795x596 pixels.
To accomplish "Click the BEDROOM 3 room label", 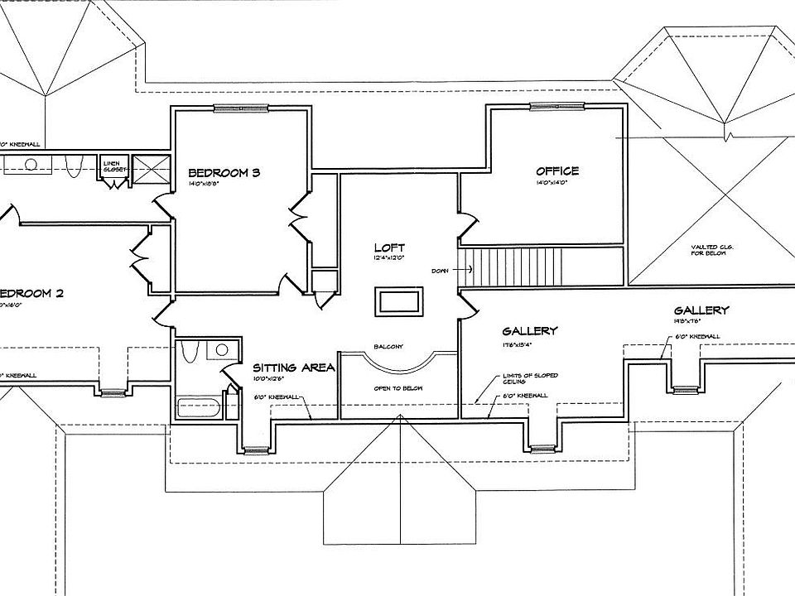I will (224, 173).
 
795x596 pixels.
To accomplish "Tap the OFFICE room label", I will (557, 171).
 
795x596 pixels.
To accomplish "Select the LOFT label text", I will (390, 248).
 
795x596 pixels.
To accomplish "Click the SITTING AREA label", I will (293, 368).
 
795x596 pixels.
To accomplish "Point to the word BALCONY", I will (388, 346).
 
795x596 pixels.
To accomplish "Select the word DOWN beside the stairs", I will (440, 271).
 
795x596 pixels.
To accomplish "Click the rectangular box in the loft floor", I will (400, 300).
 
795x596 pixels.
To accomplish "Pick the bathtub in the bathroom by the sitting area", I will (199, 408).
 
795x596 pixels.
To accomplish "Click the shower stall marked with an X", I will (150, 169).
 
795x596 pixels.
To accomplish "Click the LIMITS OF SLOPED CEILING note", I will (530, 379).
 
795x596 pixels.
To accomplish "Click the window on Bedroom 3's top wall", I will (240, 108).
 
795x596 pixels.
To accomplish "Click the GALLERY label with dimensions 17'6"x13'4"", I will (530, 331).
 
